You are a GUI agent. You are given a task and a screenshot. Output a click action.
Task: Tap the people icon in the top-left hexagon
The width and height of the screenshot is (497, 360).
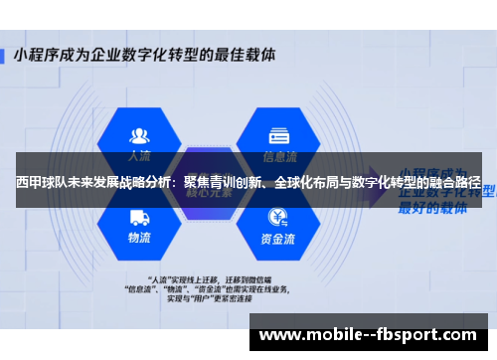point(139,134)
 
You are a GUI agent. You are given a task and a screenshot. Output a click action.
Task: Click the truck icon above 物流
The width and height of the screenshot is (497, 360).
point(139,215)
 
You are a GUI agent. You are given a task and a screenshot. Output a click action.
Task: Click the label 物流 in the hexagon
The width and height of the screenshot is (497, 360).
point(139,239)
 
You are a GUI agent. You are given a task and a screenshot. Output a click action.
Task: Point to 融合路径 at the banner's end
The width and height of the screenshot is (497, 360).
point(457,184)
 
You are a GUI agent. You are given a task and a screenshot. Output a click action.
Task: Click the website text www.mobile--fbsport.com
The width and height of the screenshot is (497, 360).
point(367,335)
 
